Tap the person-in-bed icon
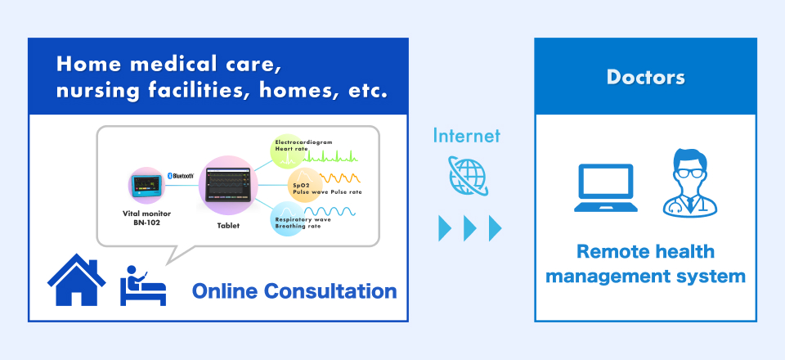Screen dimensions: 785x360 (142, 286)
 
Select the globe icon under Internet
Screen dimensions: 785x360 (468, 175)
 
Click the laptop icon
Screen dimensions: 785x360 (606, 187)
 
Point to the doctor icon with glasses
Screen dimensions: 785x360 (690, 182)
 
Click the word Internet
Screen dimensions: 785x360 (467, 135)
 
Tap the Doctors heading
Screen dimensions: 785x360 (645, 77)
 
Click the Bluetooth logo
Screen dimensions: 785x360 (182, 176)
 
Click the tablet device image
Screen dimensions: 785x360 (228, 185)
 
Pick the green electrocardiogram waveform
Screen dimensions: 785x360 (331, 155)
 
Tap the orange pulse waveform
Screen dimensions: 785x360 (340, 178)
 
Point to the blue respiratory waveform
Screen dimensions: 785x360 (330, 211)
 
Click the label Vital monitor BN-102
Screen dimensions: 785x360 (146, 218)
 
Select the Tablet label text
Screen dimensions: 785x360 (228, 226)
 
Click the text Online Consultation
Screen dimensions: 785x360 (294, 291)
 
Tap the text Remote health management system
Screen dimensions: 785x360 (645, 264)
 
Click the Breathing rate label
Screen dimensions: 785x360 (298, 227)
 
